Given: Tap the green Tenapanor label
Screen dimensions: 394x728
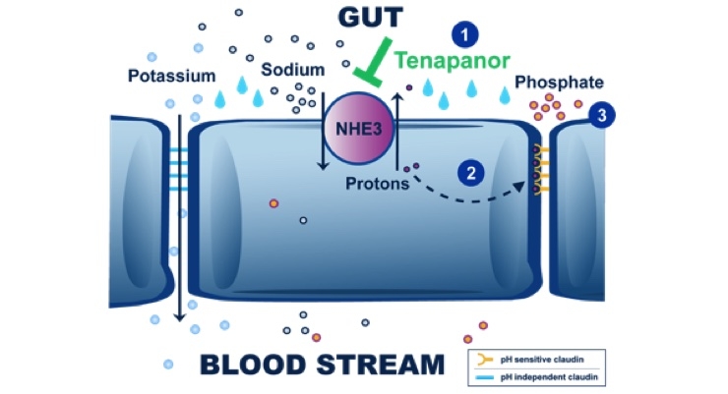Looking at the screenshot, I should pos(453,61).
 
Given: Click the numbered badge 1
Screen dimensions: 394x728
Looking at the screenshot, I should pos(464,33).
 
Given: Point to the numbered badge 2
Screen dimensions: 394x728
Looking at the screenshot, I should pos(473,173).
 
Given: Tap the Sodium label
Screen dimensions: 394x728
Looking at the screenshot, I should pos(290,71).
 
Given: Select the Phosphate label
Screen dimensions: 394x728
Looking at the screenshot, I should pos(564,83).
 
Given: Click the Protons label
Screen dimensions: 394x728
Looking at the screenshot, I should pos(378,183).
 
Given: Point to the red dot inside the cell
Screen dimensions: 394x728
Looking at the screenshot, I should pos(274,203).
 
